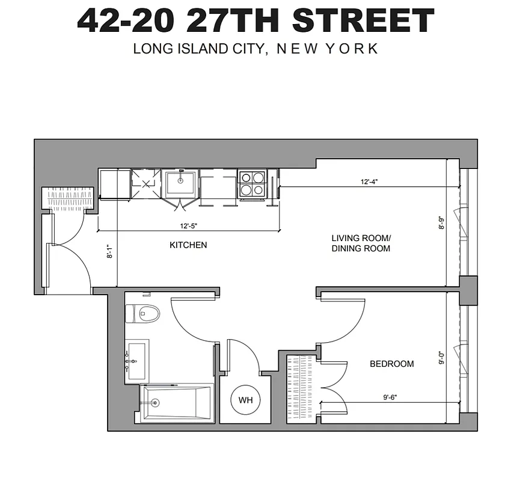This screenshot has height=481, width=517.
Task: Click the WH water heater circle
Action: tap(245, 399)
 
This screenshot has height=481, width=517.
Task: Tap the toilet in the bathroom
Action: tap(142, 313)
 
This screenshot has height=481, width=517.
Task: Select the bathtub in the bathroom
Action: tap(177, 403)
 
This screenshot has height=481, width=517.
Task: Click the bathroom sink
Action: tap(137, 361)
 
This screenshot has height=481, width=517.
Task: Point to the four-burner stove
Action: tap(252, 183)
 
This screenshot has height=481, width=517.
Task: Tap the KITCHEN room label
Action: tap(188, 245)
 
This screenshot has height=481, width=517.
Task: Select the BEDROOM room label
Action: tap(391, 364)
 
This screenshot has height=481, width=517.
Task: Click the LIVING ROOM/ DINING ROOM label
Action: tap(361, 243)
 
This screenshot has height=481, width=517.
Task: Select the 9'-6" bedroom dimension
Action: tap(390, 397)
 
